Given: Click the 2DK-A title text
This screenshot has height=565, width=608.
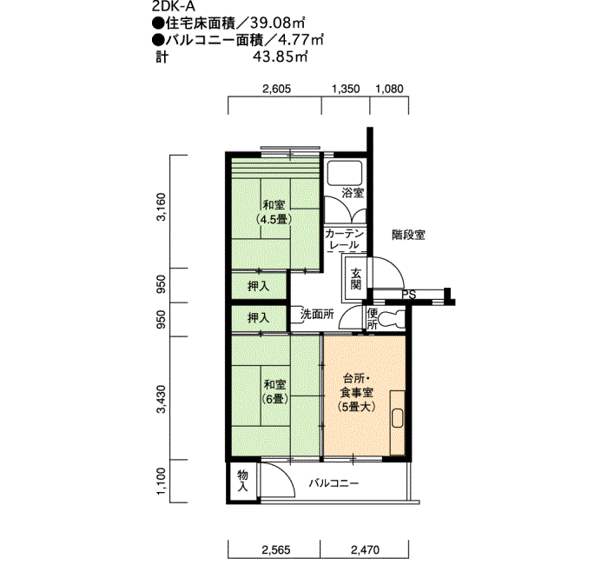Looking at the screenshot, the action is click(174, 7).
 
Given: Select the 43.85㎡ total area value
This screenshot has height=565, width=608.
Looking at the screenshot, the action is click(280, 57).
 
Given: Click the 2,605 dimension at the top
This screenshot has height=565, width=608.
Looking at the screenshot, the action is click(276, 89).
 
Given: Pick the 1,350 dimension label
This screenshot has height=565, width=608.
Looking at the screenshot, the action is click(346, 89).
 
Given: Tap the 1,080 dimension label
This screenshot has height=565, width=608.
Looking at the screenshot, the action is click(389, 89).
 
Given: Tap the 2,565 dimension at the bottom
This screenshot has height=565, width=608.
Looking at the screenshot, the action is click(276, 550).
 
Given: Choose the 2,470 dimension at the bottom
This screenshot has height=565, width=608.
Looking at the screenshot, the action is click(366, 550).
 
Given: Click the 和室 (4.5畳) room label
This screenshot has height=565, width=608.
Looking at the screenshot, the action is click(274, 212).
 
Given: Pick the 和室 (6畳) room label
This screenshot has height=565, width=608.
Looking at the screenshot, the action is click(275, 391).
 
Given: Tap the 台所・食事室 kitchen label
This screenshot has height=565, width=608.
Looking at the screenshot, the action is click(357, 385).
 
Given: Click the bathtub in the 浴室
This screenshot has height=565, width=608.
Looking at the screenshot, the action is click(345, 173).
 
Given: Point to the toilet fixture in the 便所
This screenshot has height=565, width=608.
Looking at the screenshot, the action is click(391, 318).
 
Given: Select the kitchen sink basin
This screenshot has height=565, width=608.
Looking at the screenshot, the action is click(398, 418).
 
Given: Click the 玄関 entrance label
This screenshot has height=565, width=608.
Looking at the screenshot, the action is click(355, 279).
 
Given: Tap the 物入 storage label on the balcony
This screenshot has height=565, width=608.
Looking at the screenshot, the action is click(242, 481).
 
